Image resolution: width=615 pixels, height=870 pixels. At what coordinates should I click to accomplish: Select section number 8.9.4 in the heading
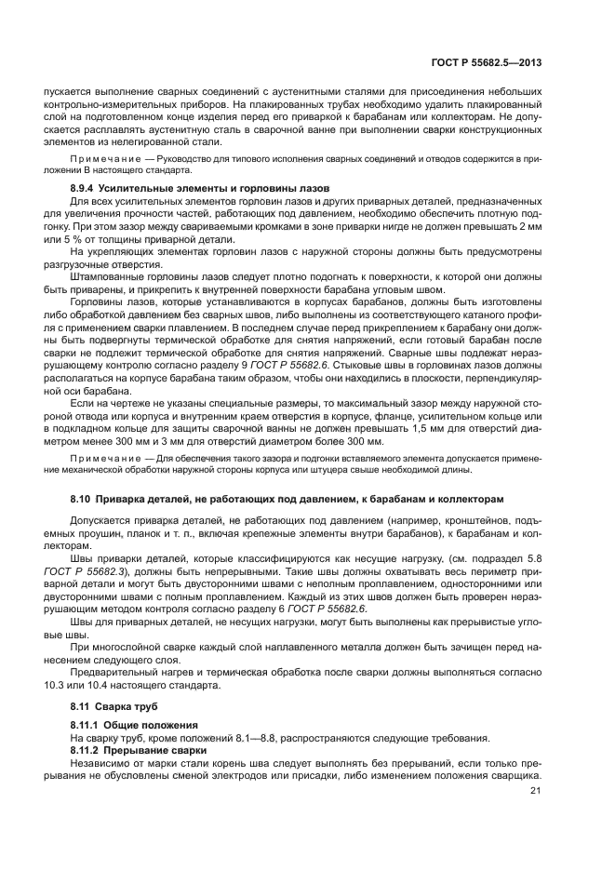click(87, 188)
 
